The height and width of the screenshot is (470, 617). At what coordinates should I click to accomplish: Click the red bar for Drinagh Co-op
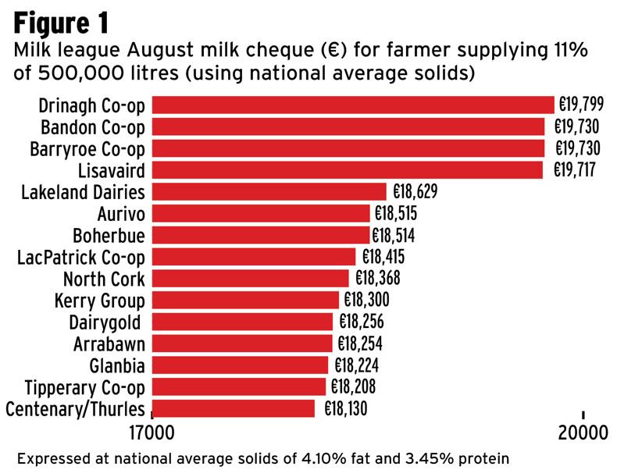pyautogui.click(x=352, y=105)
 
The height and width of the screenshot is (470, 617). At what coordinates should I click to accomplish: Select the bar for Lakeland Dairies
pyautogui.click(x=269, y=191)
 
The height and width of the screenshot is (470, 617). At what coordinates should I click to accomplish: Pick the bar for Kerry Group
pyautogui.click(x=245, y=300)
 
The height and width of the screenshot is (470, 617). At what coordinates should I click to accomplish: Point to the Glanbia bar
pyautogui.click(x=240, y=365)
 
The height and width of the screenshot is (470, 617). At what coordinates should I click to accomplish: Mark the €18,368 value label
pyautogui.click(x=378, y=279)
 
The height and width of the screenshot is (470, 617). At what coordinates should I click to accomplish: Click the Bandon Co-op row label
pyautogui.click(x=97, y=126)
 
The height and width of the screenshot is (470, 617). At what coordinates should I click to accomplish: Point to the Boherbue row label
pyautogui.click(x=109, y=235)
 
